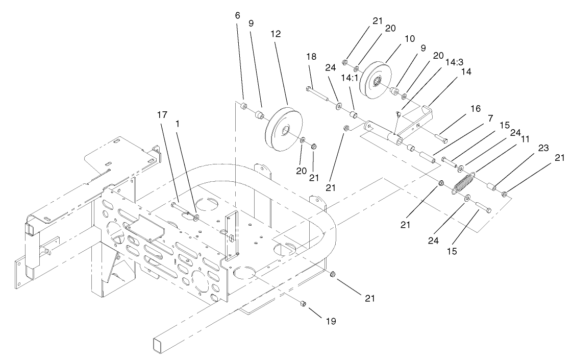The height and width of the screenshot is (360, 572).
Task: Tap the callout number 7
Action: (x=489, y=118)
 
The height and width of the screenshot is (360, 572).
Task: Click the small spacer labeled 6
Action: (x=244, y=106)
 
